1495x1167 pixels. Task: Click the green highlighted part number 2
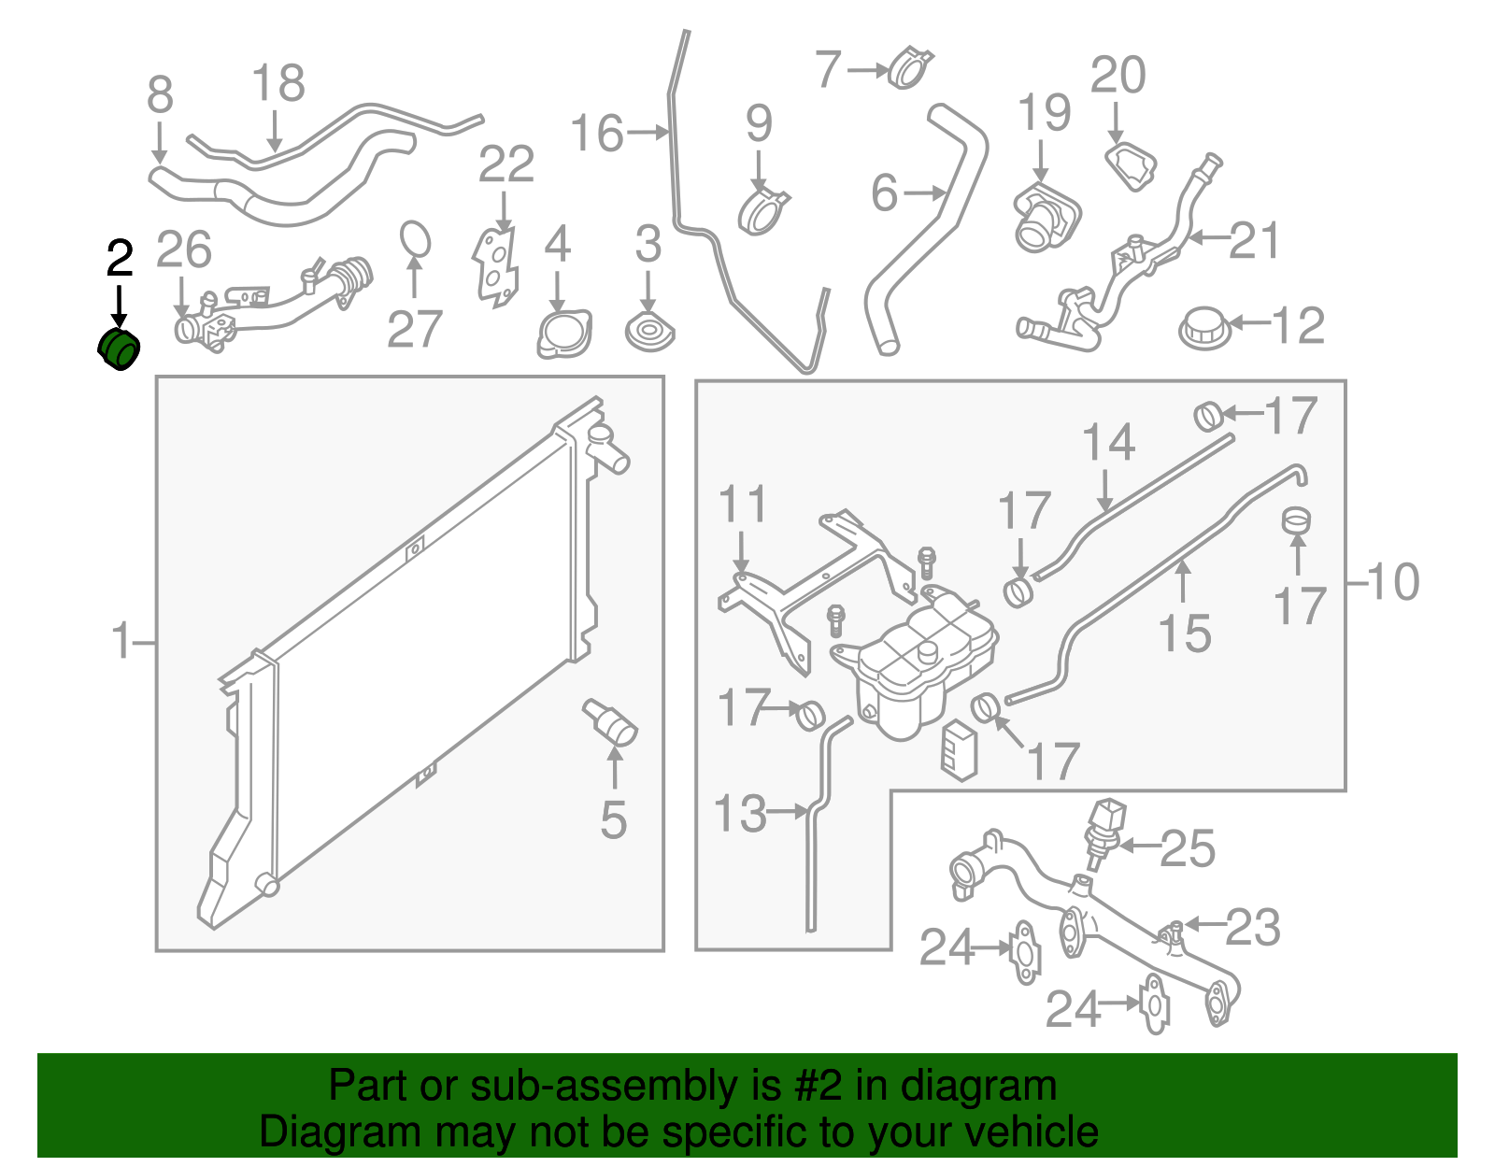(119, 349)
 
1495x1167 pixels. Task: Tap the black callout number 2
(120, 258)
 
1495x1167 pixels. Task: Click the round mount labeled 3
(649, 333)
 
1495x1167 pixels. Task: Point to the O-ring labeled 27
(416, 239)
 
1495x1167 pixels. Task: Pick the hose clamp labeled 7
(909, 68)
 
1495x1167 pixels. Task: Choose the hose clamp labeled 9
(763, 212)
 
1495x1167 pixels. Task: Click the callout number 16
(596, 133)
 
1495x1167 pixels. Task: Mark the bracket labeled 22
(494, 265)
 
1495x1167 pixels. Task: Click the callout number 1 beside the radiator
(121, 642)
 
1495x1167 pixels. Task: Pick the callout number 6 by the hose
(884, 193)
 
